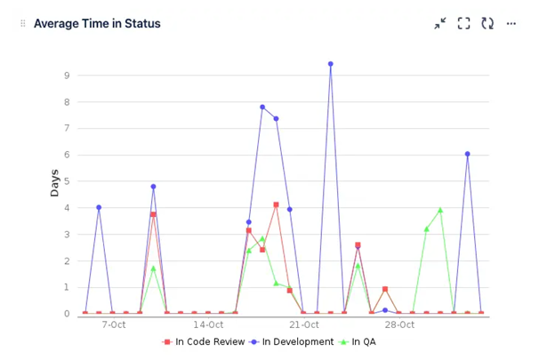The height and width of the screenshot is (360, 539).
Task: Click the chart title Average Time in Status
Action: coord(97,24)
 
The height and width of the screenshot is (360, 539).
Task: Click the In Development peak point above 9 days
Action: coord(330,64)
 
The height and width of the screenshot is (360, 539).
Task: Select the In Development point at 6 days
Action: coord(467,154)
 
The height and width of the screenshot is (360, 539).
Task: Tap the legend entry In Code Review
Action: coord(204,341)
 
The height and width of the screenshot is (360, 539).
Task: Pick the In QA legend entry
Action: coord(359,341)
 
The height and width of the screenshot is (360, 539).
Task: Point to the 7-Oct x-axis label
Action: coord(114,324)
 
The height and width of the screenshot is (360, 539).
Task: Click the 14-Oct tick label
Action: coord(207,324)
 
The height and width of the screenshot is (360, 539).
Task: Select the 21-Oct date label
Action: coord(303,324)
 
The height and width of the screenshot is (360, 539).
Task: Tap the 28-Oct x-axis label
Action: coord(399,324)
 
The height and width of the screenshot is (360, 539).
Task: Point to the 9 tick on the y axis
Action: coord(67,76)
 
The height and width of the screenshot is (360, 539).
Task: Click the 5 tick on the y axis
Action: coord(67,181)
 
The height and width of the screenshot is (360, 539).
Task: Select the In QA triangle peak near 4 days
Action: coord(440,211)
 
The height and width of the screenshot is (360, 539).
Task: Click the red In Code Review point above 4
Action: coord(276,204)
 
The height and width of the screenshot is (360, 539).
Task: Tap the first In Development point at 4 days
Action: coord(99,207)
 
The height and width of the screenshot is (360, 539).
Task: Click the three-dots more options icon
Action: coord(511,24)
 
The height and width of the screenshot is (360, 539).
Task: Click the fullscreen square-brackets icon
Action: coord(463,24)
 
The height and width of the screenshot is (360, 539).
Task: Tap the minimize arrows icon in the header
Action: coord(440,24)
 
